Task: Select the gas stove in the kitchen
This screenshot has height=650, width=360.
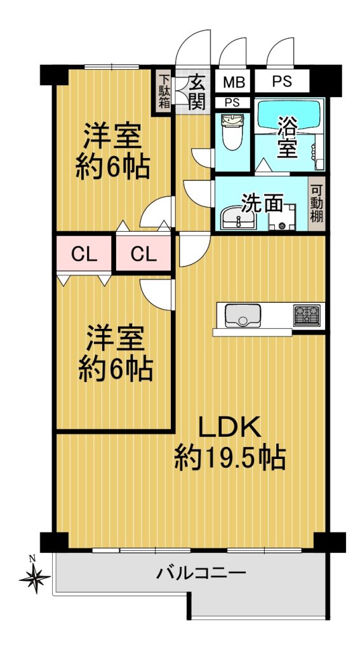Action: [307, 315]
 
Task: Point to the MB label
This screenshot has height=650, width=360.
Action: [234, 83]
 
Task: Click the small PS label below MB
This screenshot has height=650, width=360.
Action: [232, 103]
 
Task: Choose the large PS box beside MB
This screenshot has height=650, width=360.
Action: [282, 81]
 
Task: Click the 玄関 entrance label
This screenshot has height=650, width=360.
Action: [197, 92]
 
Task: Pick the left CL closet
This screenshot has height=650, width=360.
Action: [84, 254]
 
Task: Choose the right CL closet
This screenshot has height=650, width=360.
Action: [143, 254]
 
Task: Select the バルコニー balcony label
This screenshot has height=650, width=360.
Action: [201, 574]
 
